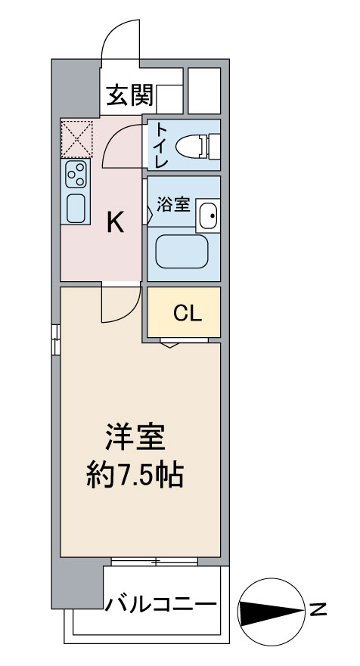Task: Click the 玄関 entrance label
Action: pos(129,95)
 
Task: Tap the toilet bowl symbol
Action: pos(197,147)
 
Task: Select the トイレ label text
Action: pos(162,145)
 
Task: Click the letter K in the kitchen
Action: pos(115,222)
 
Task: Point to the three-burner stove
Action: pos(76,174)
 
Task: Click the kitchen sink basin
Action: pos(76,208)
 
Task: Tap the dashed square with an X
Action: pos(77,139)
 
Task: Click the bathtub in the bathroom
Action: pos(182,252)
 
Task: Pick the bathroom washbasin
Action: pos(208,215)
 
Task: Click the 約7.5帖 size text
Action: pos(135,475)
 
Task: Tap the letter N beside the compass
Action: pos(318,610)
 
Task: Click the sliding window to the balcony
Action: pos(155,562)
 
